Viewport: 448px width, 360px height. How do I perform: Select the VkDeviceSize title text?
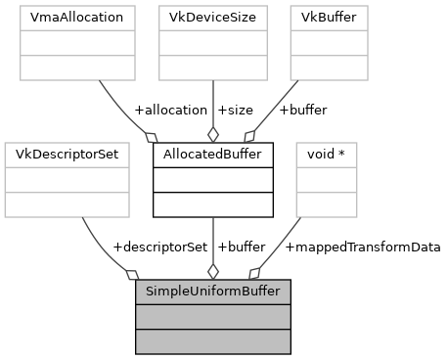coord(212,19)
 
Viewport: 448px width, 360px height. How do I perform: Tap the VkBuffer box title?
coord(329,19)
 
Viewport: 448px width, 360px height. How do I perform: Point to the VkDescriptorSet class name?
coord(67,155)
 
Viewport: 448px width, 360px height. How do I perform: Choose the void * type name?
coord(327,155)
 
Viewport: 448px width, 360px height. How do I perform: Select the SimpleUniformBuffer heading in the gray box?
coord(213,292)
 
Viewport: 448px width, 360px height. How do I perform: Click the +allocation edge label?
coord(170,110)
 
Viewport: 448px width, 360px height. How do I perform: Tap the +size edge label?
coord(234,110)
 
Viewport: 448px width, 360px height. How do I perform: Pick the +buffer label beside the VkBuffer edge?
coord(302,110)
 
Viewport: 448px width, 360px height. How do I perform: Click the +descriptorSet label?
coord(159,247)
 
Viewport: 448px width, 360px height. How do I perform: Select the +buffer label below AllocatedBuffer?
coord(241,247)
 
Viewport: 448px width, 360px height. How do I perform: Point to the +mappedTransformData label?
coord(362,247)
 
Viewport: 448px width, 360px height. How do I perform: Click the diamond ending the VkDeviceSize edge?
coord(212,135)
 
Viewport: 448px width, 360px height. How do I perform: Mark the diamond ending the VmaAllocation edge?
coord(150,136)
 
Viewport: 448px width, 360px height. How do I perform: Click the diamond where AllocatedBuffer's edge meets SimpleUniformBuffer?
coord(212,271)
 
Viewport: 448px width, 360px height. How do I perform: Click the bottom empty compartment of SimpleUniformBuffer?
coord(213,340)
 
